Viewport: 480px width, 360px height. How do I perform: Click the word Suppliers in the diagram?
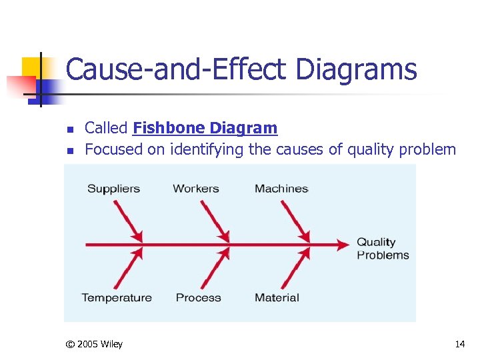click(x=113, y=189)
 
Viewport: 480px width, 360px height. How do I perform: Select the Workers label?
click(x=196, y=189)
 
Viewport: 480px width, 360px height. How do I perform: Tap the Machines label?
click(x=281, y=189)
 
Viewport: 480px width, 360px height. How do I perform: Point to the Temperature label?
click(x=117, y=297)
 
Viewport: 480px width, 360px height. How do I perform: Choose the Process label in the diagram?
click(x=198, y=297)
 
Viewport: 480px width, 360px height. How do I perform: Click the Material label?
click(x=277, y=297)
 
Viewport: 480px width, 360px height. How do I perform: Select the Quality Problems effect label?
click(x=382, y=249)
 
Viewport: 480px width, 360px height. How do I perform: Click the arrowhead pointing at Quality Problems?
click(x=343, y=245)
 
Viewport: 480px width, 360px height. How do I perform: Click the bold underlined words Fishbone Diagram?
click(x=205, y=128)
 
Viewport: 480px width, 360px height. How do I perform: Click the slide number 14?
click(x=459, y=344)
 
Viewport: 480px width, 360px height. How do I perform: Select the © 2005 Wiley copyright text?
click(x=94, y=344)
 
